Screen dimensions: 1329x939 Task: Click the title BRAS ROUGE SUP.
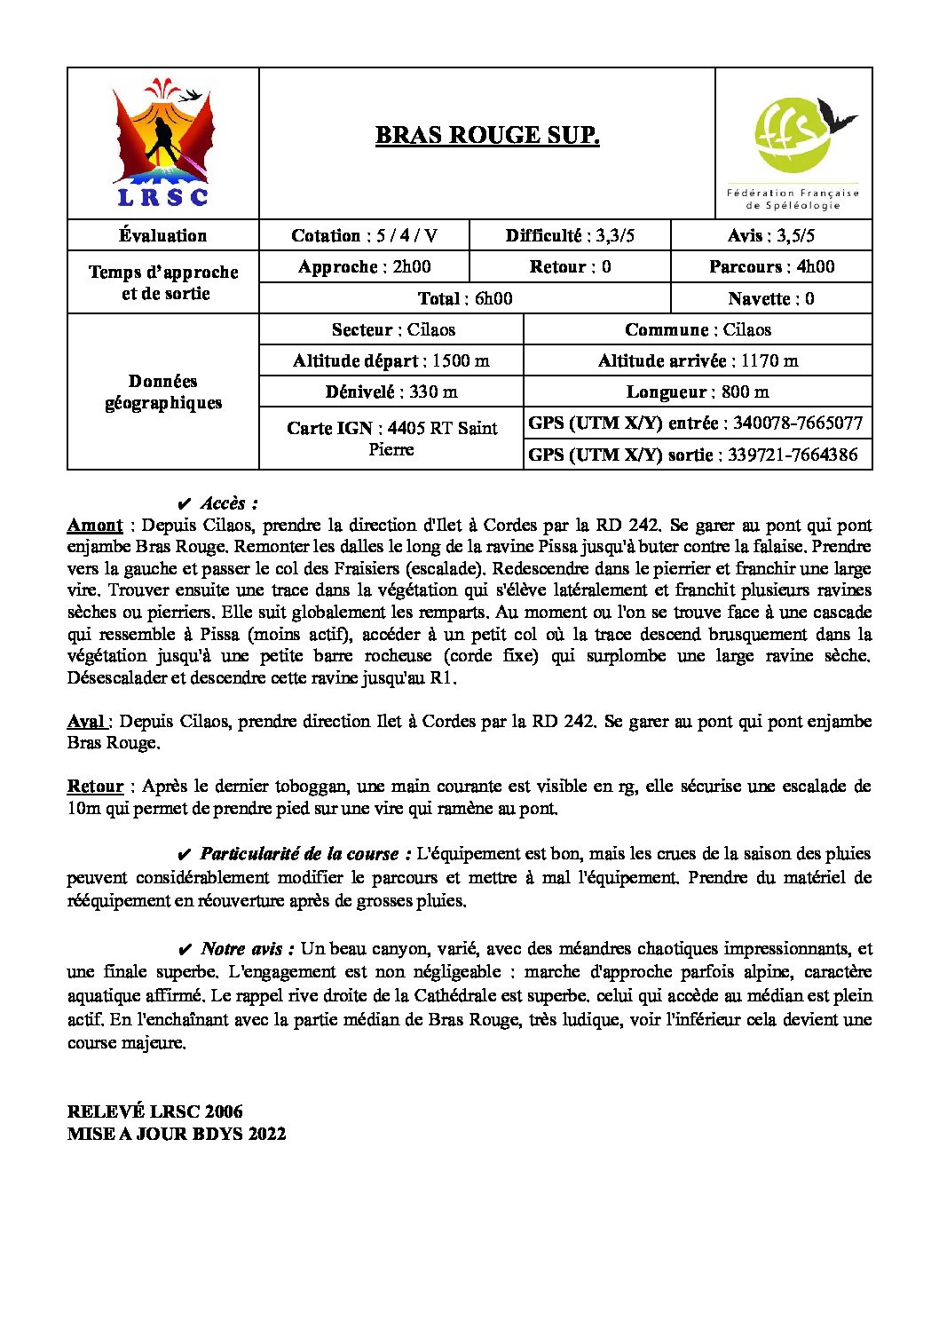(x=487, y=135)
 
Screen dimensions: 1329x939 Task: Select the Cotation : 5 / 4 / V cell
(x=364, y=235)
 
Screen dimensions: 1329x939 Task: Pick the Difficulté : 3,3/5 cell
(x=570, y=235)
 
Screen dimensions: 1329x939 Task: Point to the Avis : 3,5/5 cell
(x=771, y=235)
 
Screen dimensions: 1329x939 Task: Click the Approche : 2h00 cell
(x=364, y=266)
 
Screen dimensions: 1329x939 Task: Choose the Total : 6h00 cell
(x=465, y=298)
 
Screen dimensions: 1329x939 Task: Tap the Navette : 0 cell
(x=771, y=298)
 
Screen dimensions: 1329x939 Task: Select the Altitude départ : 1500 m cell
(x=391, y=360)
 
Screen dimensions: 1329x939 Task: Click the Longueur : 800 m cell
(x=698, y=392)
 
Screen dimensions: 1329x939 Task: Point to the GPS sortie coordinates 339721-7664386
(x=793, y=455)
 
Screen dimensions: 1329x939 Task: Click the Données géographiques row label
(x=163, y=392)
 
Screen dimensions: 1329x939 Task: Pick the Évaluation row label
(x=163, y=235)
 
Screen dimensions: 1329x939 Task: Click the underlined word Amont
(x=95, y=525)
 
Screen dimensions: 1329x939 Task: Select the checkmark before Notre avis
(x=185, y=949)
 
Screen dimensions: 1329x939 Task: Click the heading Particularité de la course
(x=305, y=854)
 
